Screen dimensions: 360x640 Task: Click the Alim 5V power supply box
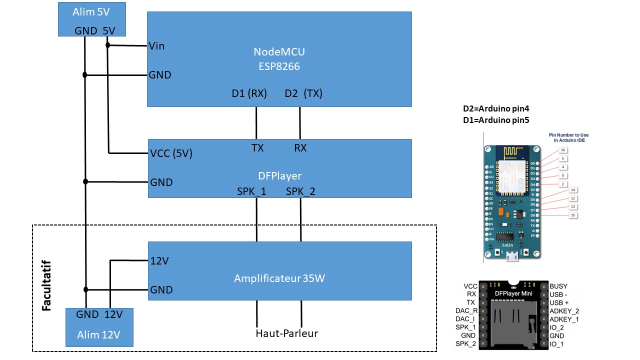pos(91,19)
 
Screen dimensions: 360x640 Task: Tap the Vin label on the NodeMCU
pos(156,46)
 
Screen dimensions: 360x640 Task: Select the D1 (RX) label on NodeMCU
pos(249,93)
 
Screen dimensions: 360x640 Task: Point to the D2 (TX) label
pos(303,93)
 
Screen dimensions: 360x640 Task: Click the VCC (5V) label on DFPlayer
pos(171,153)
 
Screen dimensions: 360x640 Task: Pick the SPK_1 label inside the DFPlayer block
pos(251,191)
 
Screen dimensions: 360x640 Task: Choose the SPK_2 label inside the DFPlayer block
pos(301,191)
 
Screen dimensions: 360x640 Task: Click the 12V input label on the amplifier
pos(159,260)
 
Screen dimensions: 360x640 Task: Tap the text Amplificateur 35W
pos(279,278)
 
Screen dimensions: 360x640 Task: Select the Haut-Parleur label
pos(287,333)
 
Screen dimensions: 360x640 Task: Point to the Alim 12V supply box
pos(99,327)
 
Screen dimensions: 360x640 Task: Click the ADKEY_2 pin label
pos(564,311)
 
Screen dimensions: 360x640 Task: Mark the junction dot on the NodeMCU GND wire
pos(85,75)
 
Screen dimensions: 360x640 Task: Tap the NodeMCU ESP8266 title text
pos(279,58)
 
